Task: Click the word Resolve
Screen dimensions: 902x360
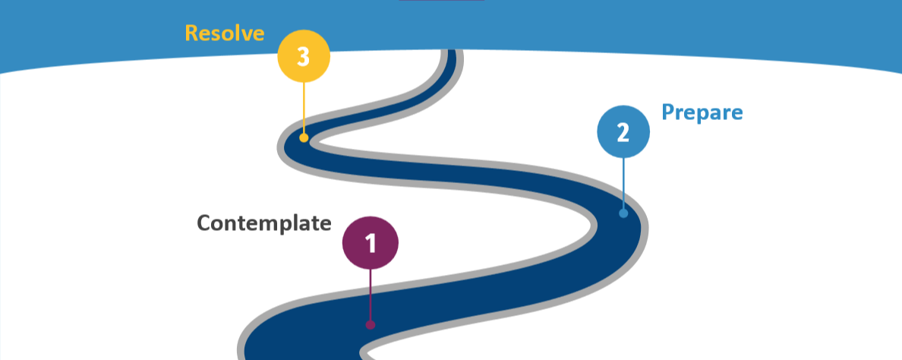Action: [225, 33]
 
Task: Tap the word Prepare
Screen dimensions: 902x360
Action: [702, 112]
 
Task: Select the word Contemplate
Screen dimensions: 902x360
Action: [263, 223]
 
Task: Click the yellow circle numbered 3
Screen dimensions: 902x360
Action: [304, 56]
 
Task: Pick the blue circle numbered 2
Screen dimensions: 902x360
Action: [623, 132]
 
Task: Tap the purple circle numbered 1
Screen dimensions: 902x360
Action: [371, 243]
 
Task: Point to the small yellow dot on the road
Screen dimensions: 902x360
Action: [304, 137]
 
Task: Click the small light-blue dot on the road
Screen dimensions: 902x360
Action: [623, 213]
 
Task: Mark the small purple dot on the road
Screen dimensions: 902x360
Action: [371, 324]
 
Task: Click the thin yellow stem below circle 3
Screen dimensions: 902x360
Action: [304, 106]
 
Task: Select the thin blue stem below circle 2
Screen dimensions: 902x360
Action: [623, 182]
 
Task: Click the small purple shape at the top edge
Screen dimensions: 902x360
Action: [441, 1]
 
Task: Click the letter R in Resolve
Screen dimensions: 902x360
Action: [192, 33]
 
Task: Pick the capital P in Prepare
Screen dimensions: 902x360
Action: [668, 112]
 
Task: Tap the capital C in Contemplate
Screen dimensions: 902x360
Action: [204, 223]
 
